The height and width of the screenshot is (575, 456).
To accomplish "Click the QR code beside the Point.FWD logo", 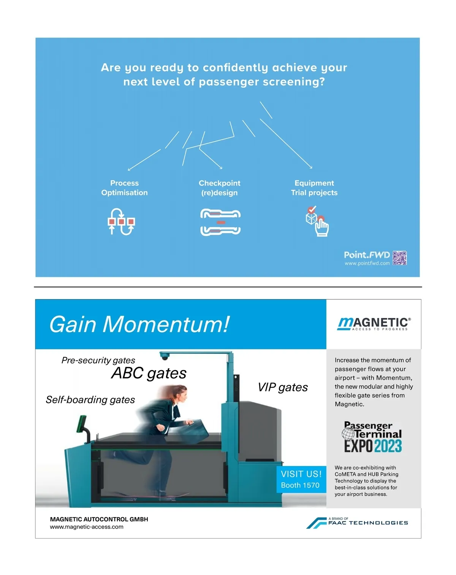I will [399, 258].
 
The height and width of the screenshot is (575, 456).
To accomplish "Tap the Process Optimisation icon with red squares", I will [121, 222].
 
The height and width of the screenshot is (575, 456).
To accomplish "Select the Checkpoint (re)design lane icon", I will [220, 222].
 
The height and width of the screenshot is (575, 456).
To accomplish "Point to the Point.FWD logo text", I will [367, 255].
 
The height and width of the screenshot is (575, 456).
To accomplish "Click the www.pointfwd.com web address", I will [367, 263].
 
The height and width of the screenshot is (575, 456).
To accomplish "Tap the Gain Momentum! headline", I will [139, 325].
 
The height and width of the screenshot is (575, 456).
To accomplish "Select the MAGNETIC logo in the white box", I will [374, 324].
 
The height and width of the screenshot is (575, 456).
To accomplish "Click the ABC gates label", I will [149, 373].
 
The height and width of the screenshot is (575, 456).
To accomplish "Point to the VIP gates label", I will [283, 387].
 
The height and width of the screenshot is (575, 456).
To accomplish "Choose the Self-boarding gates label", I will [90, 400].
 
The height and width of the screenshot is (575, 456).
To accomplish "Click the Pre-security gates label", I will [98, 360].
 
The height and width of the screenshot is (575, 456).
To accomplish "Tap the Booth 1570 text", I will [300, 485].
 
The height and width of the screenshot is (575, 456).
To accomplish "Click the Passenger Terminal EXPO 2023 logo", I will [373, 437].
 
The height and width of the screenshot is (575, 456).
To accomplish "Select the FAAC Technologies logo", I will [357, 523].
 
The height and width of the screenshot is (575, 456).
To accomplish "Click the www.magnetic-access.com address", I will [87, 527].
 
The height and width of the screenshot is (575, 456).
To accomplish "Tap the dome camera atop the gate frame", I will [165, 357].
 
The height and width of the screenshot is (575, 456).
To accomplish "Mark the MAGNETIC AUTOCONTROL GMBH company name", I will [99, 519].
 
